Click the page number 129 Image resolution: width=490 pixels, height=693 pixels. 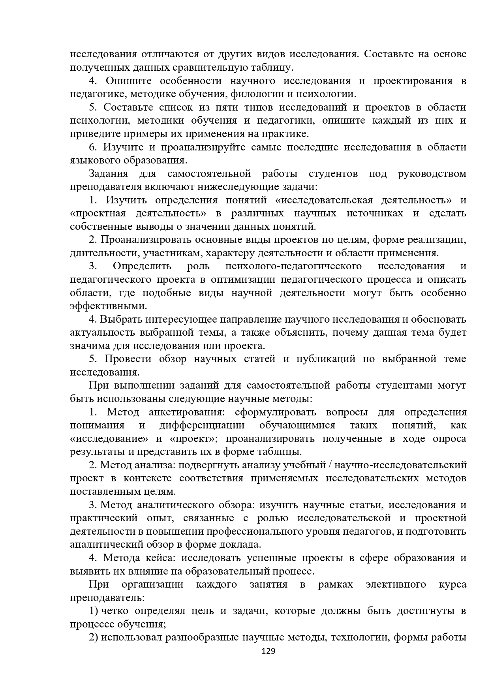point(268,662)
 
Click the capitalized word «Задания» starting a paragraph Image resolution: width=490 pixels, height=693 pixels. point(109,174)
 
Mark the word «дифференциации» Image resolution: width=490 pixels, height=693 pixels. point(202,425)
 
